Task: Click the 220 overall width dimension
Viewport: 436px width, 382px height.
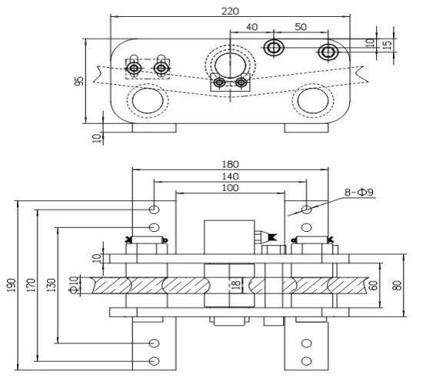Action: pos(229,11)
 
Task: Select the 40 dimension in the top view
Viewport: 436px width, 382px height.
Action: pos(251,27)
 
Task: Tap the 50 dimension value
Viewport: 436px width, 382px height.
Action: pos(300,27)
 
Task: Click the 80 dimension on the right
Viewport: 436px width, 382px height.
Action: pos(396,284)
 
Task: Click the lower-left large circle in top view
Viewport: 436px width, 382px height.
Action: pos(147,101)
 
